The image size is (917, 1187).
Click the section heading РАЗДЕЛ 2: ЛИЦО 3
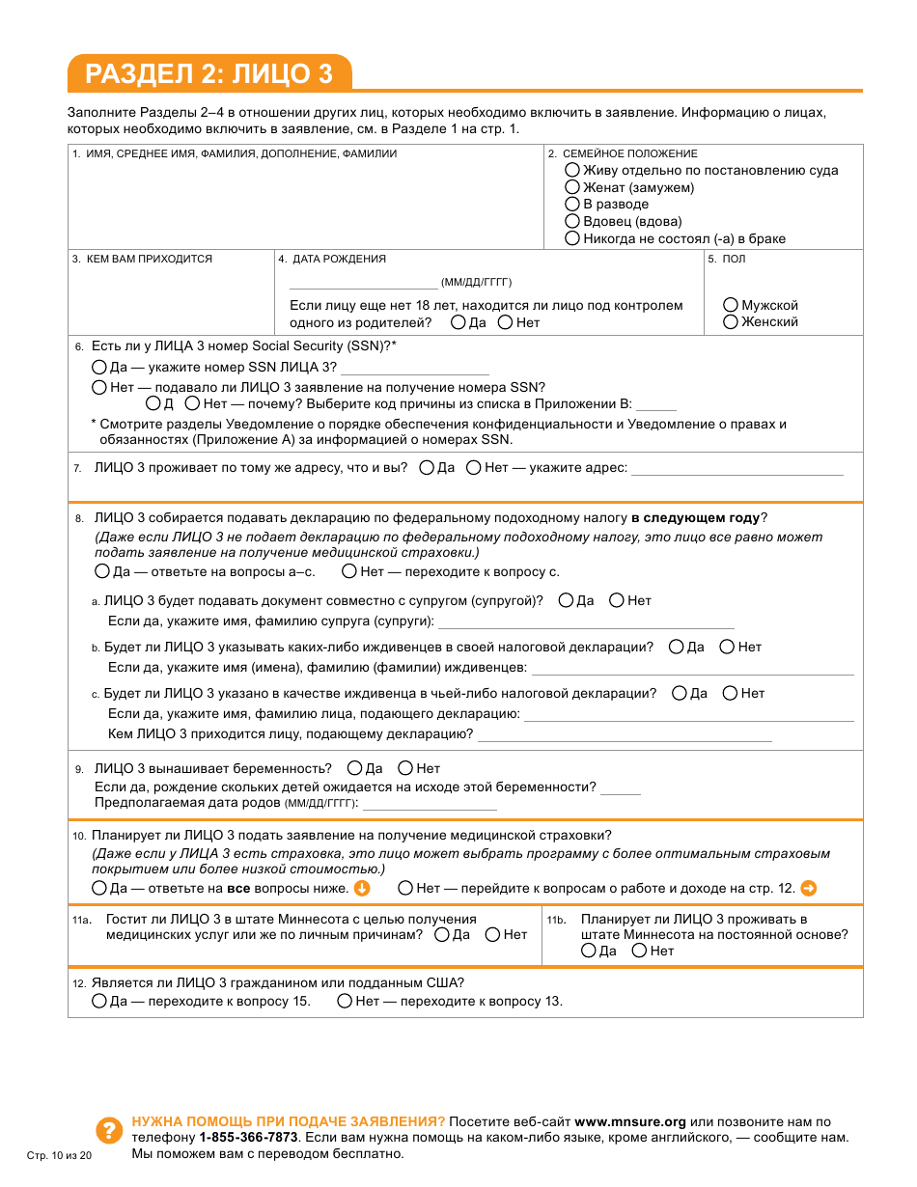208,74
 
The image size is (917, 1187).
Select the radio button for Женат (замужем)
572,187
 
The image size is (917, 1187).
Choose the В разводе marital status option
572,205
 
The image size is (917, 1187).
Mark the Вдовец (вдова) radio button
572,222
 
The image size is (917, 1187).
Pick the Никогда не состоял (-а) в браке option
572,238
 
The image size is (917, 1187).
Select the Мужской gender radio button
731,305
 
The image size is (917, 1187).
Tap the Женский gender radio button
731,321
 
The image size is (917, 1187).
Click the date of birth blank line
363,283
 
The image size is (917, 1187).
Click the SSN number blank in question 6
415,369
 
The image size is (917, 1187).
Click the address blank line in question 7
736,469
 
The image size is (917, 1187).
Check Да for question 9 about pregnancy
354,768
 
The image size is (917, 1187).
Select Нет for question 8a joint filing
617,600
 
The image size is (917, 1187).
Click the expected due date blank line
430,804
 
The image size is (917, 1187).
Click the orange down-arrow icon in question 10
362,888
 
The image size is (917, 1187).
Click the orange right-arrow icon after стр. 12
809,888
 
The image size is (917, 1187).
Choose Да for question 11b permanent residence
589,951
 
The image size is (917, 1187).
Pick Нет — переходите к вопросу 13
345,1001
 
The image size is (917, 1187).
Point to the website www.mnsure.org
630,1122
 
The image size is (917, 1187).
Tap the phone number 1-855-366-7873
248,1138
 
